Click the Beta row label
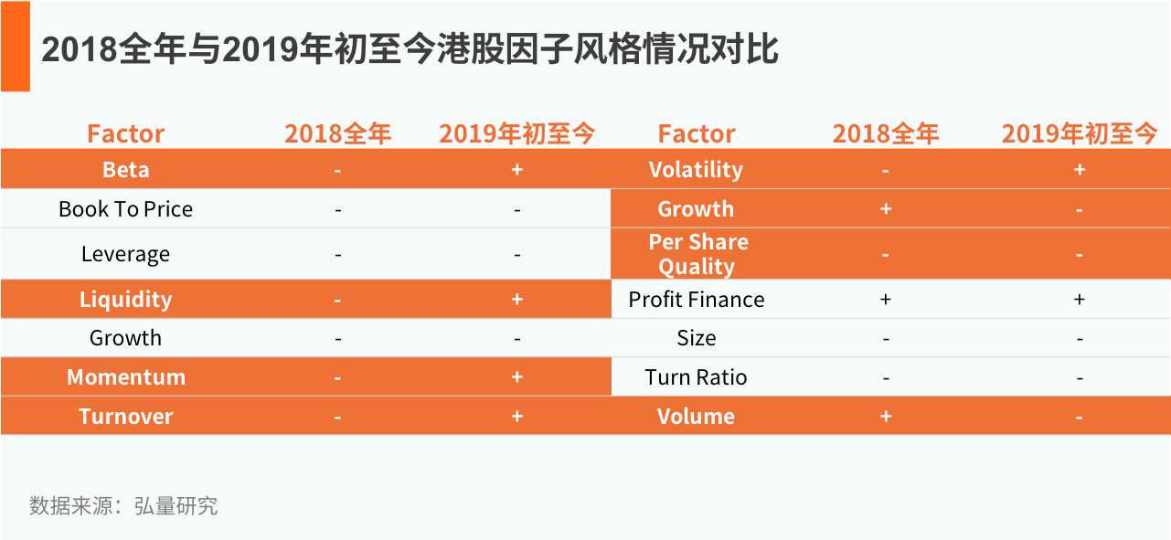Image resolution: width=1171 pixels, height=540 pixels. [126, 170]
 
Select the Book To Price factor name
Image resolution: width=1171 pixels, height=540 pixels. [125, 209]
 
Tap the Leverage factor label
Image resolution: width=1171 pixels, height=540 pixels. [125, 255]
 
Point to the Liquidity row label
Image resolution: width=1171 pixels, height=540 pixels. [125, 300]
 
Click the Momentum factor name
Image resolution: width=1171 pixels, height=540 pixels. [126, 376]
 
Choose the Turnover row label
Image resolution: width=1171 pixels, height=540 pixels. [125, 417]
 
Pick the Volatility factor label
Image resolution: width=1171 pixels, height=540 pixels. [696, 170]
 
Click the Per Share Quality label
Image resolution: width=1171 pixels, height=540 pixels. [698, 255]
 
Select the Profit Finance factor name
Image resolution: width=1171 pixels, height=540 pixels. [697, 300]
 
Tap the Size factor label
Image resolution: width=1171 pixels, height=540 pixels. [697, 338]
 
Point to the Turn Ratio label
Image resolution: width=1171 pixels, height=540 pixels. [696, 376]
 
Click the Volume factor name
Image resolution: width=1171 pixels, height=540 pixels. [696, 417]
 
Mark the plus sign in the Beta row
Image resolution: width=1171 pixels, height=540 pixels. [517, 169]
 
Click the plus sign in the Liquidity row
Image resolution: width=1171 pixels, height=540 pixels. [517, 299]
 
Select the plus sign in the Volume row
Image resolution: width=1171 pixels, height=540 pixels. [886, 416]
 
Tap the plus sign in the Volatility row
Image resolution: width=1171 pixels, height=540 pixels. [1080, 169]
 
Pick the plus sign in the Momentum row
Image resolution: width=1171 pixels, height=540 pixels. [517, 376]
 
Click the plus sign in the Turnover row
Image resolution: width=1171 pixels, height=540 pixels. [517, 416]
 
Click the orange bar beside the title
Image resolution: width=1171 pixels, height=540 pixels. [16, 46]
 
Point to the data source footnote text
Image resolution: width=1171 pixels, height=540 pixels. [123, 506]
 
